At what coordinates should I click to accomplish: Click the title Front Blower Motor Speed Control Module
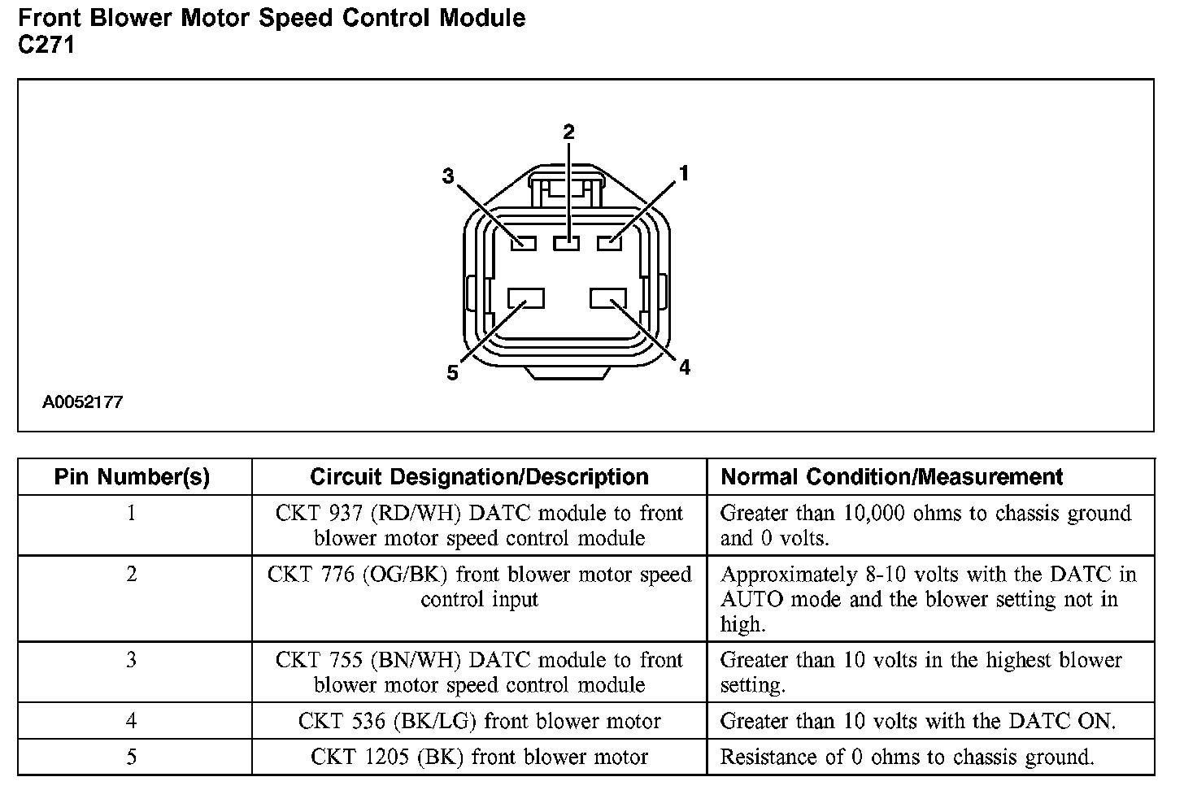(272, 18)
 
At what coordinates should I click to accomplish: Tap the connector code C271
(46, 46)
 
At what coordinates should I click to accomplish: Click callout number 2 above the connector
(568, 132)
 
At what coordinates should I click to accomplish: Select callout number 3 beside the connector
(448, 176)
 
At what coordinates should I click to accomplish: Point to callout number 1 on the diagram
(684, 173)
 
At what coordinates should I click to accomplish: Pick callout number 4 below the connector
(684, 368)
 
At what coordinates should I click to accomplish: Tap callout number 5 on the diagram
(452, 373)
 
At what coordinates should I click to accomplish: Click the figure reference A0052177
(83, 402)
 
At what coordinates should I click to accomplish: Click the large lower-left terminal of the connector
(525, 298)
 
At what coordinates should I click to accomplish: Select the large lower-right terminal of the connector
(608, 298)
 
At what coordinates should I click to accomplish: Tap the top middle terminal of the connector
(567, 242)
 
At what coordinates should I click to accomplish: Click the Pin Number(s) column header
(132, 477)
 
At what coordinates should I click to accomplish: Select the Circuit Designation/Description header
(479, 477)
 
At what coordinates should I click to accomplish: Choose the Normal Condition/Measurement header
(892, 477)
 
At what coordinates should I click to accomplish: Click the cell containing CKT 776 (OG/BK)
(479, 587)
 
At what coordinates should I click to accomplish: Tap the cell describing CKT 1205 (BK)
(479, 757)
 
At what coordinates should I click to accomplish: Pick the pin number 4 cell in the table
(132, 721)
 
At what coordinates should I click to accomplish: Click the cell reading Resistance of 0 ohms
(907, 757)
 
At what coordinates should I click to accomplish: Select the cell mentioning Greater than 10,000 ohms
(925, 525)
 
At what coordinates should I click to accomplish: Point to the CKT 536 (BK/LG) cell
(479, 721)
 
